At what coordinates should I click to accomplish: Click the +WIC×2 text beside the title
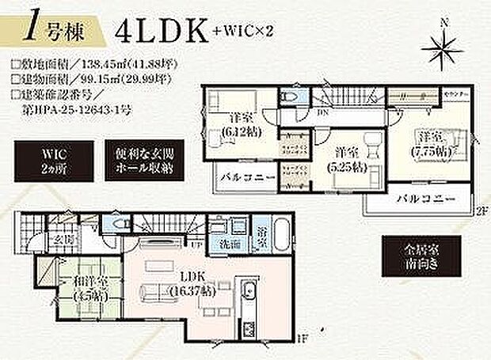point(241,32)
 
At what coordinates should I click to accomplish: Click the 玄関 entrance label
point(64,241)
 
